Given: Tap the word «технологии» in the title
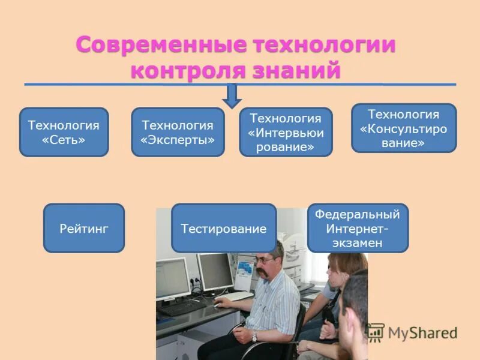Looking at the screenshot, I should pos(325,46).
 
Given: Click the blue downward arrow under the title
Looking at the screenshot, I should pos(232,95).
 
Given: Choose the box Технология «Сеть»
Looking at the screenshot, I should pos(64,132).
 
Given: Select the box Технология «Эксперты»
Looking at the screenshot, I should pos(178,132).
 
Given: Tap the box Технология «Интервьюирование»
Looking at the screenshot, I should pos(286,132).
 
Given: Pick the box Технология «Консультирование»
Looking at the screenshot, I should pos(403,128).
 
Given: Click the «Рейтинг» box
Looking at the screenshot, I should pos(83,228).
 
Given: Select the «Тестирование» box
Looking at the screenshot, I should pos(224,228).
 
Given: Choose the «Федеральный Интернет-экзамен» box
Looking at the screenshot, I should pos(358,228).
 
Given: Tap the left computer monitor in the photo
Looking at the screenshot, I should pos(172,277).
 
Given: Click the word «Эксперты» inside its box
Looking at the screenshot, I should pos(178,139).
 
